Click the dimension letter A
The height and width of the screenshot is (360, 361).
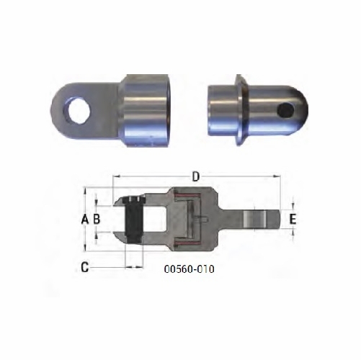(x=85, y=218)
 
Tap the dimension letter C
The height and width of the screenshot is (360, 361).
(x=85, y=267)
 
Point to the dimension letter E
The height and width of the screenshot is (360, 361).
(x=293, y=218)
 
